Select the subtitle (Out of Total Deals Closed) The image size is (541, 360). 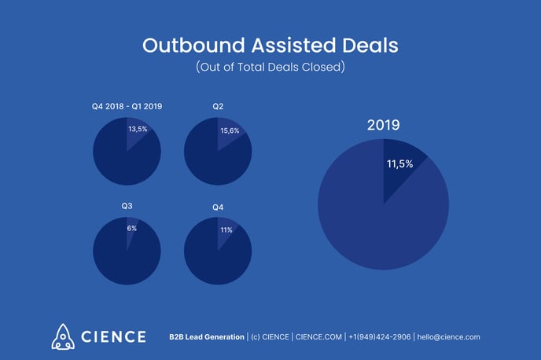[270, 68]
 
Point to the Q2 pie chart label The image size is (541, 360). [217, 106]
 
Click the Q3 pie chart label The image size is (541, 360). [127, 206]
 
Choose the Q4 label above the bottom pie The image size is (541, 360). [218, 207]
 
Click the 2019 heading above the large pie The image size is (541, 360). [384, 125]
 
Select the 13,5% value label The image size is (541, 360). [138, 128]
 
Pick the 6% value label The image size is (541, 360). [132, 228]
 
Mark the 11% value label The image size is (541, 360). [226, 230]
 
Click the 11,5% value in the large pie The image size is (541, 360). [401, 165]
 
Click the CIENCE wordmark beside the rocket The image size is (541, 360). [112, 336]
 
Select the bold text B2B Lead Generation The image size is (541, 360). [206, 336]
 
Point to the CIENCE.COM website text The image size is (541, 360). [318, 336]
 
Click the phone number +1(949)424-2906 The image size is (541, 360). [380, 336]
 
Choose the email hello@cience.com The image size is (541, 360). [448, 336]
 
